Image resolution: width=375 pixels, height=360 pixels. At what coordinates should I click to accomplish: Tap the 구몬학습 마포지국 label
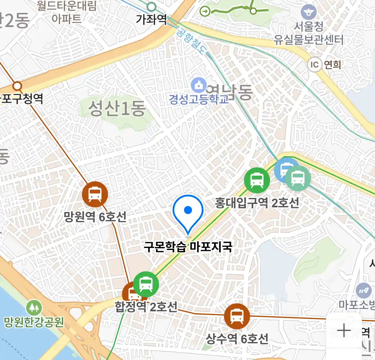point(188,247)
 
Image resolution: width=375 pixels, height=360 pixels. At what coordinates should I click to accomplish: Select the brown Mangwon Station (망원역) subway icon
point(95,194)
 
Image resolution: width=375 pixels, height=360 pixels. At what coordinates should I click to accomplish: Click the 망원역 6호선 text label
point(95,217)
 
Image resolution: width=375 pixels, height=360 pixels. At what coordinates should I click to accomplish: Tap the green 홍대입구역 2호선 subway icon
point(257,180)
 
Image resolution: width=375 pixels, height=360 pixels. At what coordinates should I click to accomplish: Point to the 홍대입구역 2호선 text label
point(257,203)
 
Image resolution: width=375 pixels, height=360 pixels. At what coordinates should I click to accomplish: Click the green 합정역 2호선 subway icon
point(146,284)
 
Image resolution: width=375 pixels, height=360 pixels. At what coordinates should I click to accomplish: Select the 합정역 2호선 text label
point(146,307)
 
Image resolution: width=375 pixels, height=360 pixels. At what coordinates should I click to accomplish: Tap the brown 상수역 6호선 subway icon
point(237,316)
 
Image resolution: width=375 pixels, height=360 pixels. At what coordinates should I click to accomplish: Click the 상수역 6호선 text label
point(237,339)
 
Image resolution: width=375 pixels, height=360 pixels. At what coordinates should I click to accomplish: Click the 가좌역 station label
point(151,19)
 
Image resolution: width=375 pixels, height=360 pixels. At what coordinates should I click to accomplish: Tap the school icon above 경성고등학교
point(199,85)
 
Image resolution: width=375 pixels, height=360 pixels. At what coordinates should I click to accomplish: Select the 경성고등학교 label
point(199,99)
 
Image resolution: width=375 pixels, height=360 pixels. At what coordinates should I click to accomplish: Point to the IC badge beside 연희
point(314,64)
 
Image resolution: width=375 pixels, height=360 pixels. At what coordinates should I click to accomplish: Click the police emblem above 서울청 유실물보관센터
point(309,12)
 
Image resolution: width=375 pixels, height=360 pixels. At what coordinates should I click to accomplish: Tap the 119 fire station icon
point(364,291)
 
